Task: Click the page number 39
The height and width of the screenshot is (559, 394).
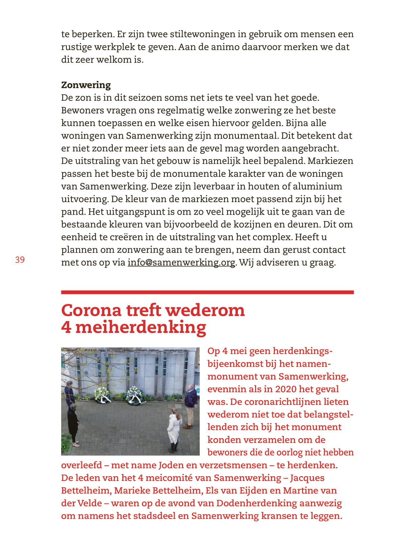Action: [20, 260]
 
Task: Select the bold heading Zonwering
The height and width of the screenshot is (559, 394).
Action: [86, 85]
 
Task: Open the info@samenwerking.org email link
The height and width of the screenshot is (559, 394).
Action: [181, 263]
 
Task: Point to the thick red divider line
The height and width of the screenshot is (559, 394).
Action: [207, 292]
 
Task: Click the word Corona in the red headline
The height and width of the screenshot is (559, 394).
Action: [91, 310]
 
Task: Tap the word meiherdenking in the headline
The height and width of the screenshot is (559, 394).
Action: [141, 327]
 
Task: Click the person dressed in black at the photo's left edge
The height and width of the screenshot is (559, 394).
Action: [73, 424]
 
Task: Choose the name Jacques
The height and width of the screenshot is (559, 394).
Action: [307, 478]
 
